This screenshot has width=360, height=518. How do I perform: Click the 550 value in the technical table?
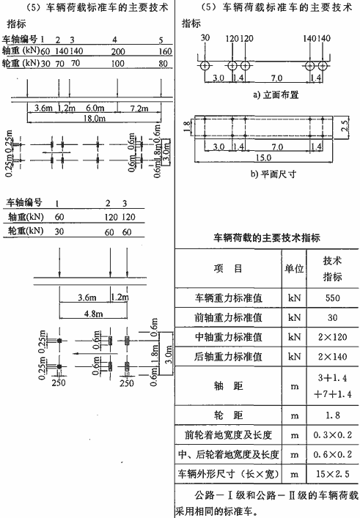coord(332,298)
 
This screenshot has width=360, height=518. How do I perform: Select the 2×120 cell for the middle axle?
coord(332,337)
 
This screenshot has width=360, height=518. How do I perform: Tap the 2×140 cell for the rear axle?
coord(332,357)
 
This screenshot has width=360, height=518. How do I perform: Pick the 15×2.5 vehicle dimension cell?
coord(332,474)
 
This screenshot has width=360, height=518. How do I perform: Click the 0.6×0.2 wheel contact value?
coord(332,454)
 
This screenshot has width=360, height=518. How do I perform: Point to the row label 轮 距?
coord(229,415)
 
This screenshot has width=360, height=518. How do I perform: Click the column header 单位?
coord(294,268)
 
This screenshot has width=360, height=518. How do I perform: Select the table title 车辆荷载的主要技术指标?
coord(266,237)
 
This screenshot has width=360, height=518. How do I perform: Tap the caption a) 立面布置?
coord(276,95)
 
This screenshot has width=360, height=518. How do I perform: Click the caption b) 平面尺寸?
coord(273,174)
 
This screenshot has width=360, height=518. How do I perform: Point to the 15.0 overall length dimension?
coord(263,158)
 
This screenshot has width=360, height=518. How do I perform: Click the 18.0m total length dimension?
coord(94,118)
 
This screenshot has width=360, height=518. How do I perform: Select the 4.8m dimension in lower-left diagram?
coord(94,313)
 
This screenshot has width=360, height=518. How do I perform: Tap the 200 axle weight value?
coord(118,51)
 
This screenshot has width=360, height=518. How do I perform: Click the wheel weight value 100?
coord(118,64)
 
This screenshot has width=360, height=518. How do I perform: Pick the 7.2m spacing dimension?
coord(139,108)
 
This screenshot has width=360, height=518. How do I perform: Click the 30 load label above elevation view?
coord(205,37)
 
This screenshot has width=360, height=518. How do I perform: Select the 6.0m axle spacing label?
coord(95,108)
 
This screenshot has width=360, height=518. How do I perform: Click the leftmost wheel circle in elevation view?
coord(205,65)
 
